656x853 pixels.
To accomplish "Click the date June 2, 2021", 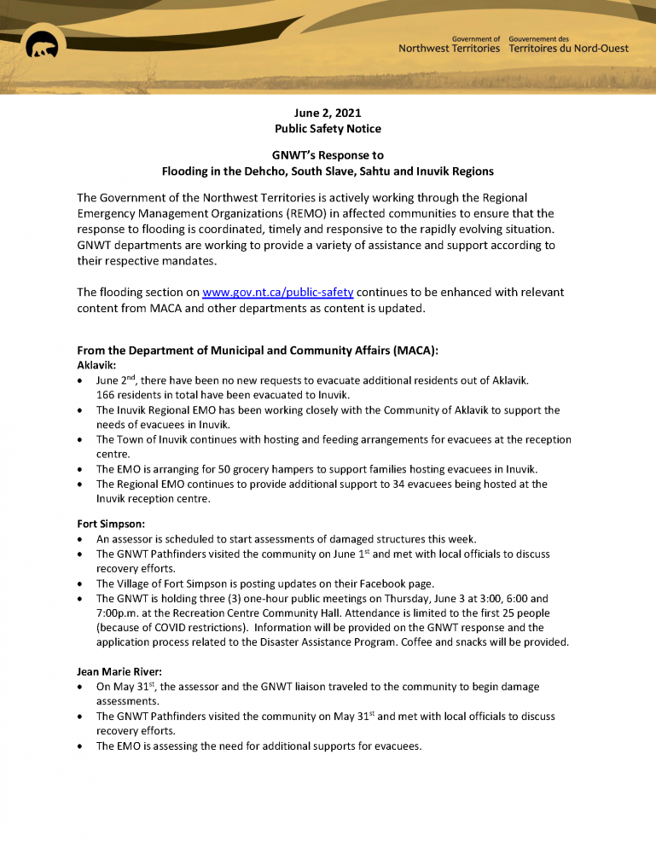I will (x=328, y=113).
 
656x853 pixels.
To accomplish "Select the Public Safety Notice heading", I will (x=328, y=129).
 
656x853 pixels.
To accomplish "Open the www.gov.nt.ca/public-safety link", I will (x=277, y=293).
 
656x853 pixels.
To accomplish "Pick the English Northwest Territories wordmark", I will (x=449, y=49).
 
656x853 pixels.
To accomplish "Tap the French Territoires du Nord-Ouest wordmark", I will (x=568, y=49).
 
